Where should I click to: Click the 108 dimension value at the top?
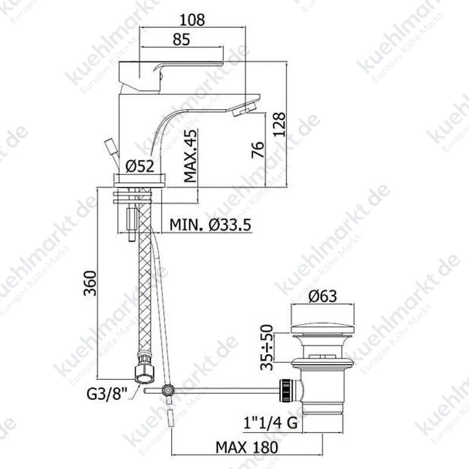click(x=192, y=20)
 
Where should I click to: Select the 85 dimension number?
click(x=181, y=39)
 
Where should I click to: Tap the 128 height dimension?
click(x=280, y=124)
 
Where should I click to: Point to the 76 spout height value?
click(x=258, y=149)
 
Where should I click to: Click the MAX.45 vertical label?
click(x=191, y=156)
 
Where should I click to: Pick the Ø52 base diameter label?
click(x=140, y=166)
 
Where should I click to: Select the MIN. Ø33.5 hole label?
click(x=210, y=225)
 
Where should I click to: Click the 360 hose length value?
click(x=90, y=283)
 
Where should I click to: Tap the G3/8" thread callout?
click(x=107, y=394)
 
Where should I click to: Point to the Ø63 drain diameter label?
click(x=323, y=296)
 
